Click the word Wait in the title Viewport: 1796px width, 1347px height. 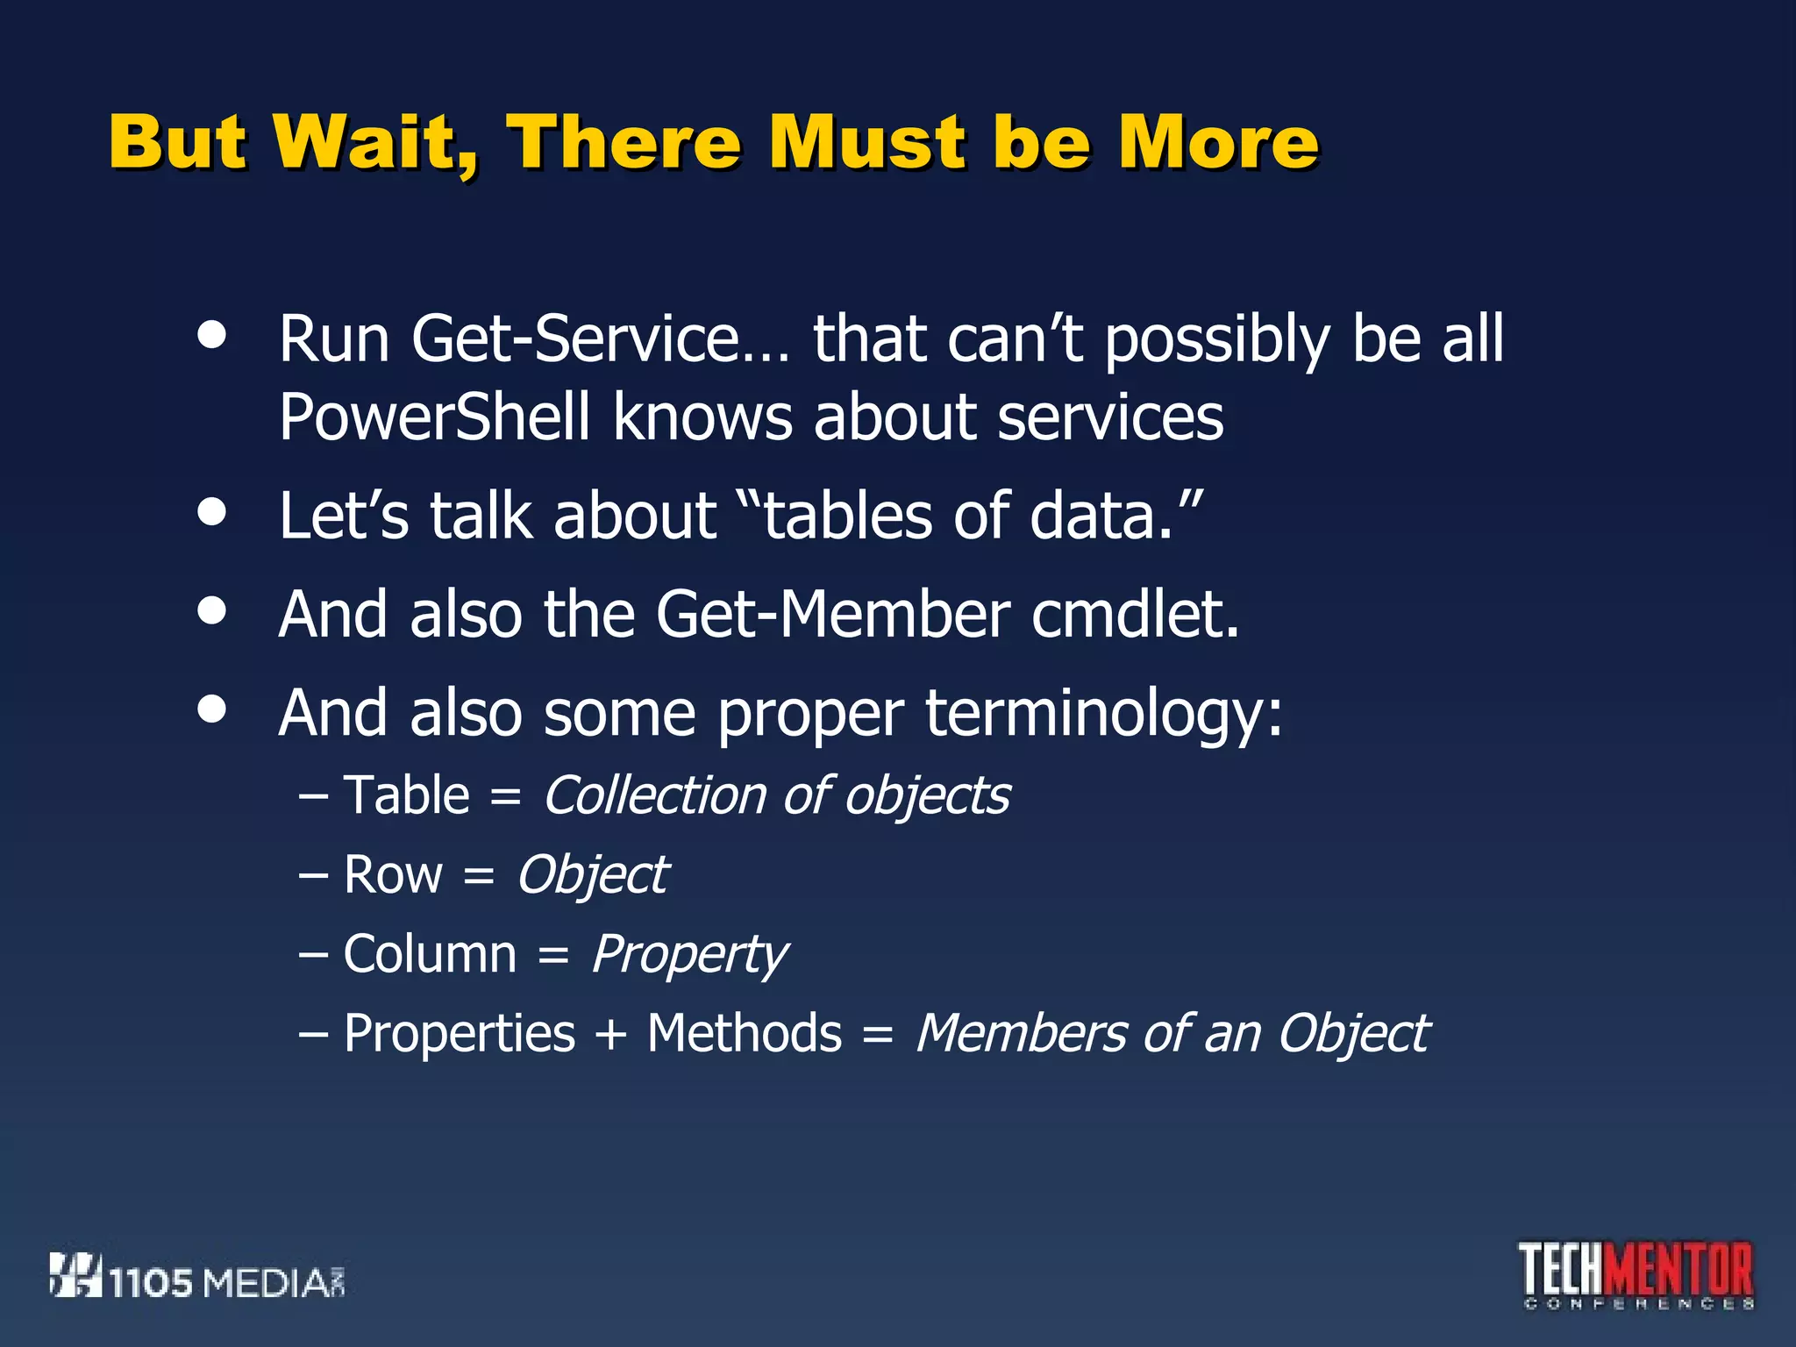click(x=375, y=142)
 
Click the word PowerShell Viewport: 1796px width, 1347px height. click(x=434, y=417)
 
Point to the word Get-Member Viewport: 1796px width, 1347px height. click(x=832, y=614)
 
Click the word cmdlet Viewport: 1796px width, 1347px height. click(x=1135, y=614)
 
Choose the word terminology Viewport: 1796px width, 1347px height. click(x=1103, y=713)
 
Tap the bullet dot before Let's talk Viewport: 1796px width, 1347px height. click(x=212, y=512)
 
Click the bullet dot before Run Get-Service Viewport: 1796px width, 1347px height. click(x=212, y=334)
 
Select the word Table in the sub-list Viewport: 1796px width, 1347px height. click(x=407, y=795)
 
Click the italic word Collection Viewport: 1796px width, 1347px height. click(x=655, y=795)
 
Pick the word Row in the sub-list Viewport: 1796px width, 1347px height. click(x=393, y=875)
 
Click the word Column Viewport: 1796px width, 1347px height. click(x=430, y=954)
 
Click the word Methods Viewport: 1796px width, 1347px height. click(x=745, y=1033)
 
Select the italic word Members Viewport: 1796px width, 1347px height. click(x=1021, y=1033)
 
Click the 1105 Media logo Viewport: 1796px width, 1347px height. click(x=197, y=1277)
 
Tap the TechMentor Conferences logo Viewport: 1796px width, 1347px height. click(x=1636, y=1275)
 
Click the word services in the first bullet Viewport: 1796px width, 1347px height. click(x=1110, y=417)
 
